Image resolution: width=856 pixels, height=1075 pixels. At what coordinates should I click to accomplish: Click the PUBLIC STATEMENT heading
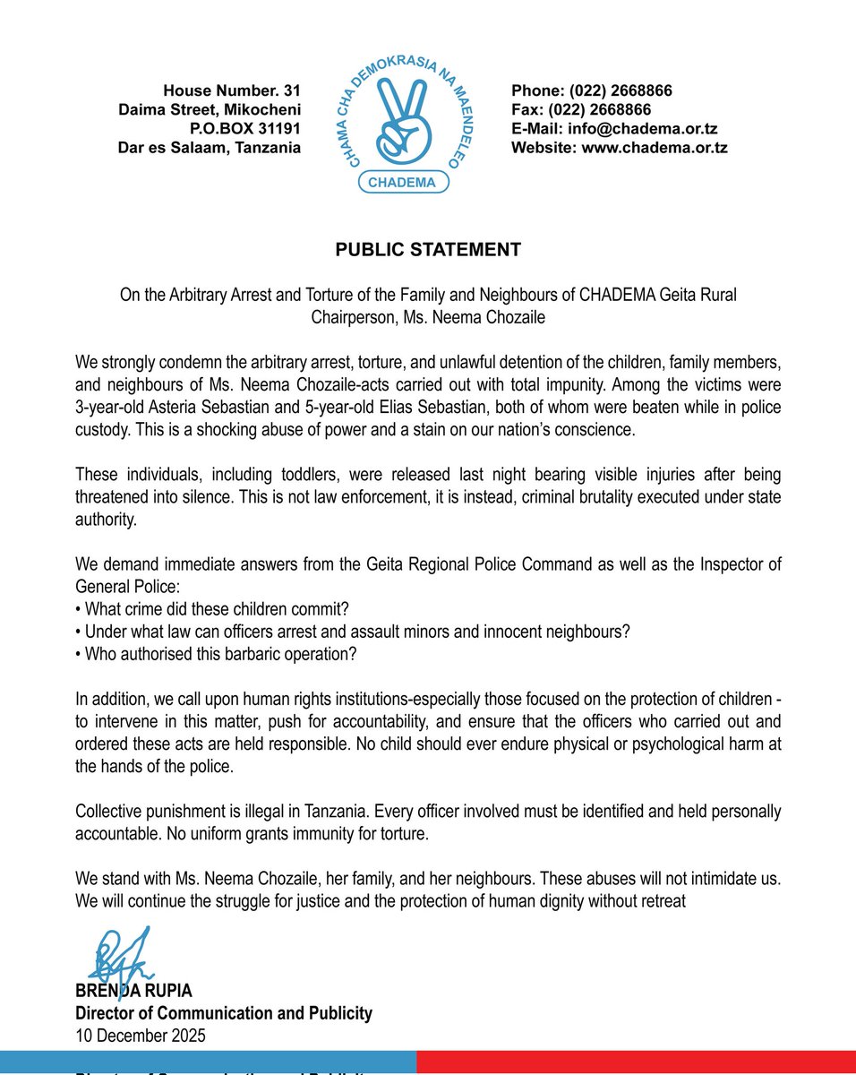[428, 250]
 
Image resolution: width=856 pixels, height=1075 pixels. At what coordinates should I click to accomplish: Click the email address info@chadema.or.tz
[613, 129]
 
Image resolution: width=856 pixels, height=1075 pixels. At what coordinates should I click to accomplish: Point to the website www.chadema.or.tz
[619, 148]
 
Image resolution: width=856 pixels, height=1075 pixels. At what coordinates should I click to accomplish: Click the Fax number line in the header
[580, 109]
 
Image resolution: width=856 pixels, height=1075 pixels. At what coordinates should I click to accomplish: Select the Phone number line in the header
[591, 90]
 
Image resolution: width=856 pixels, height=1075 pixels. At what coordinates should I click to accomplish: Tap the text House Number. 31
[232, 90]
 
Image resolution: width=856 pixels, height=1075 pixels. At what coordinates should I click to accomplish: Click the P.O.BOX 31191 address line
[244, 129]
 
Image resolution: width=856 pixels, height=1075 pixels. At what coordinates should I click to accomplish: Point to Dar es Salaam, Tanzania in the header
[210, 148]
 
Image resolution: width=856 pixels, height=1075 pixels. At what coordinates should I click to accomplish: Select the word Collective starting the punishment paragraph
[109, 812]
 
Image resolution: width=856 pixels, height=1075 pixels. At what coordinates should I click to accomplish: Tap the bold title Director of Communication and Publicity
[224, 1014]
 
